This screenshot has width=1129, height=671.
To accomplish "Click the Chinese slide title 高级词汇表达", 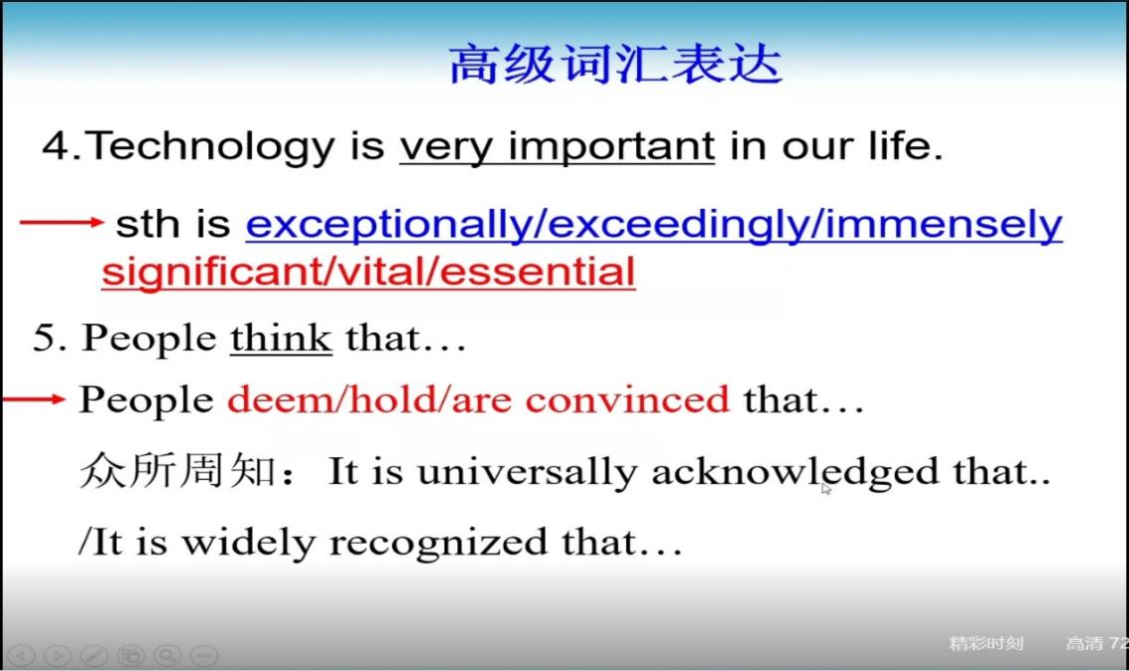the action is tap(615, 64).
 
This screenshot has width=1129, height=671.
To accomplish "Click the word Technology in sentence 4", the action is tap(209, 147).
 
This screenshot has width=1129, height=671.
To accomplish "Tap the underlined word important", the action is tap(611, 147).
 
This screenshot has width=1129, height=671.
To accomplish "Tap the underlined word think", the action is tap(281, 337).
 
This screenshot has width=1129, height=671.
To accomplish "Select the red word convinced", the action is tap(627, 399).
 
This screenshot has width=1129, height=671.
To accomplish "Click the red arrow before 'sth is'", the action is tap(62, 222).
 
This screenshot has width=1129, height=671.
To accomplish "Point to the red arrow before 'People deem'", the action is tap(34, 399).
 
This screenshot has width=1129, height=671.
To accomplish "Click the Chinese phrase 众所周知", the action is tap(177, 471).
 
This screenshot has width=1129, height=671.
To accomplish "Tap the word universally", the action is tap(527, 472).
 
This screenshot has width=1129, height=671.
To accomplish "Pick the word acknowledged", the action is tap(794, 472).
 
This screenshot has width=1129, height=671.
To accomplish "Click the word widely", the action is tap(249, 543).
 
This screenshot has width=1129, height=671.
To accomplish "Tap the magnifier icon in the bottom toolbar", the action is tap(168, 655).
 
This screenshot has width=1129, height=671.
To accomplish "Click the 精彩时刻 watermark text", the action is tap(986, 643).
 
